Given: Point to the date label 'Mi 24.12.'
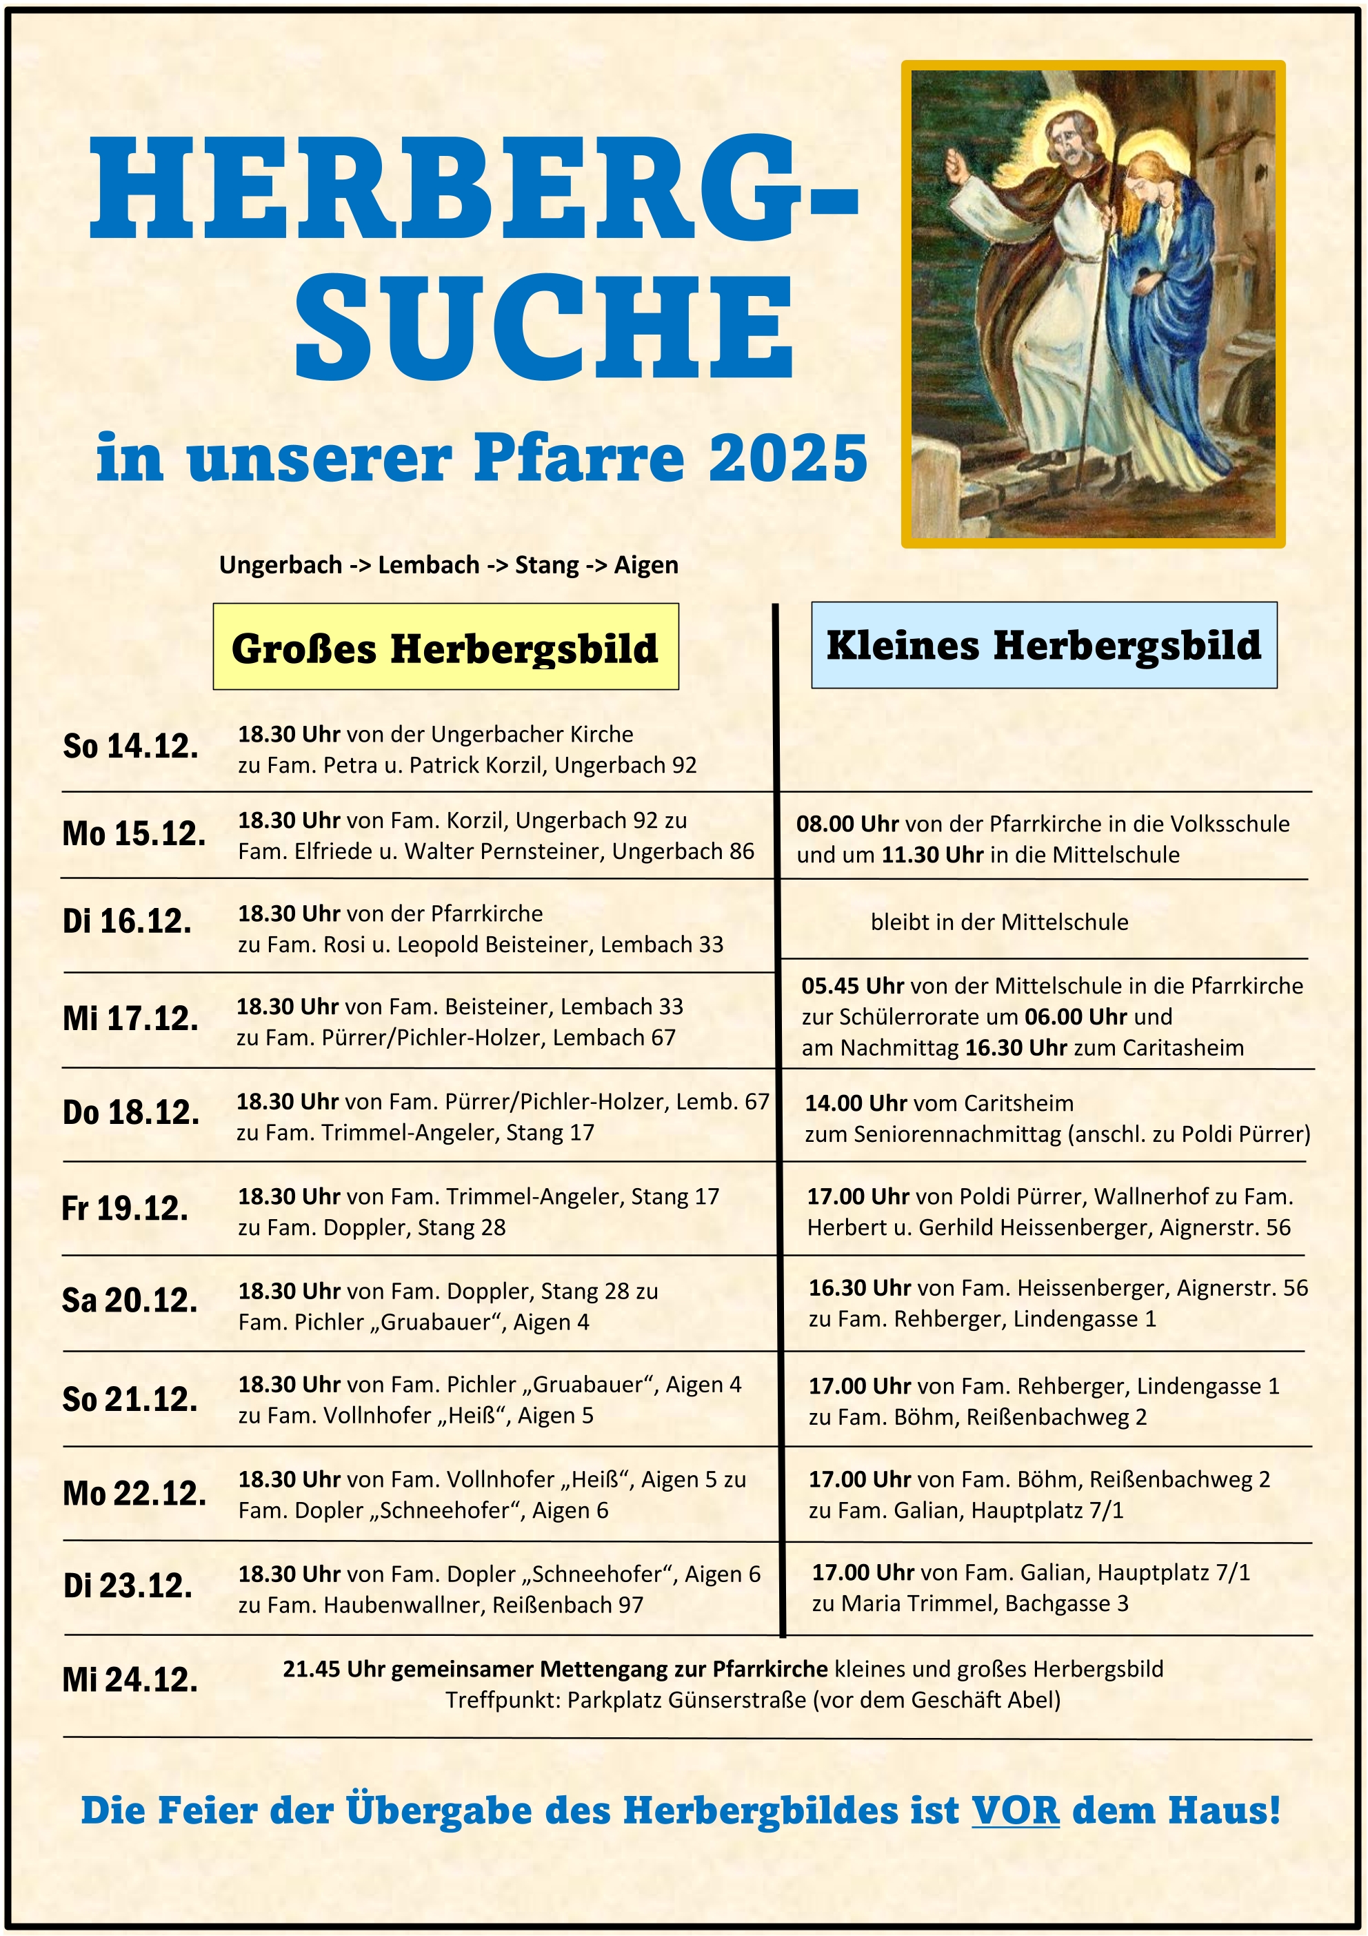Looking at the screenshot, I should tap(130, 1679).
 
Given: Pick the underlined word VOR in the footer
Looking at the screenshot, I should tap(1015, 1810).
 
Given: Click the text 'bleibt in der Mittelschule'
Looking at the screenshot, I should tap(999, 922).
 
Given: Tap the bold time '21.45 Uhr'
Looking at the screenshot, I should tap(334, 1669).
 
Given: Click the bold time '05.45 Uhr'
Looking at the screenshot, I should tap(852, 986).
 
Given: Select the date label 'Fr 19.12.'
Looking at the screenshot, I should tap(125, 1208).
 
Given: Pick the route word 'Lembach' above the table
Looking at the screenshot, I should tap(428, 565).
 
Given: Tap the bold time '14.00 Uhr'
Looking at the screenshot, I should tap(856, 1103).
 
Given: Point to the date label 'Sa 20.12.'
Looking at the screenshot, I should tap(130, 1301).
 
